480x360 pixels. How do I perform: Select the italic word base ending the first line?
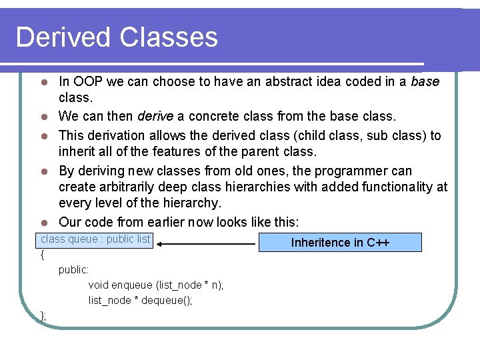[x=425, y=82]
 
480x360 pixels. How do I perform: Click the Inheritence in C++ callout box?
[x=340, y=242]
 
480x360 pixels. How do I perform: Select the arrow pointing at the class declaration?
[x=207, y=244]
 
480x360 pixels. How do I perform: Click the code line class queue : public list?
[x=95, y=239]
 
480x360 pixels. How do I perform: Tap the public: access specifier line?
[x=74, y=269]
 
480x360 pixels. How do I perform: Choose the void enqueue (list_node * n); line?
[x=156, y=285]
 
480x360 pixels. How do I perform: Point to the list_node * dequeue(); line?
[x=140, y=300]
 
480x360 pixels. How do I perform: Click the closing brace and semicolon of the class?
[x=43, y=315]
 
